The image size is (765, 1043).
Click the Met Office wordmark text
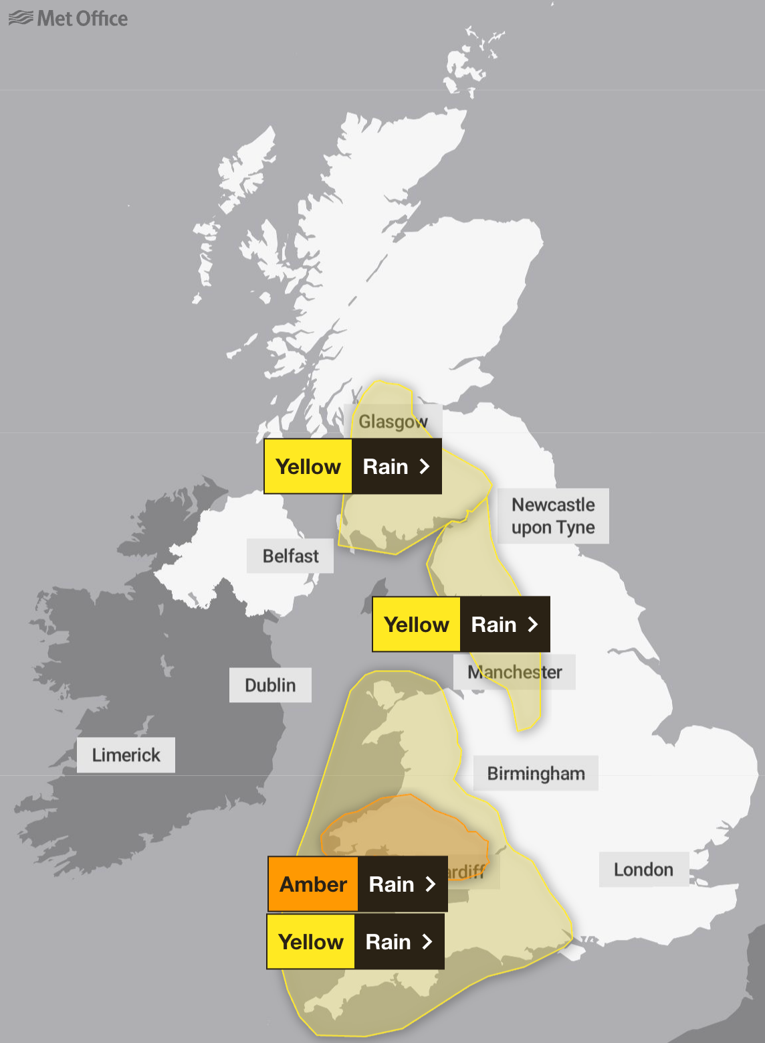coord(82,19)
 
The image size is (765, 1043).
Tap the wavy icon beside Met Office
coord(21,18)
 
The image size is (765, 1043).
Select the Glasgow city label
coord(393,422)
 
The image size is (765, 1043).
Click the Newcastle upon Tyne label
coord(553,515)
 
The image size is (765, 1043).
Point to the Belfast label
coord(290,556)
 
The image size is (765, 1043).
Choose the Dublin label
coord(270,685)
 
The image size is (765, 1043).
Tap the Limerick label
coord(126,755)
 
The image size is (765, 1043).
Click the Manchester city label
coord(515,671)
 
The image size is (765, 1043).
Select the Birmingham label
coord(536,773)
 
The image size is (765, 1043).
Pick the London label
coord(643,869)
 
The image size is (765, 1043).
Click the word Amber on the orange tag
coord(313,884)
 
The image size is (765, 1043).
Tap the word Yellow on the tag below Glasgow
coord(308,467)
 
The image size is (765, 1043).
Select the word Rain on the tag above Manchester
coord(494,625)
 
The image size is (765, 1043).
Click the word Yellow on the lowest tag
coord(311,942)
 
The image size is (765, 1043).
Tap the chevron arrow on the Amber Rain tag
coord(431,884)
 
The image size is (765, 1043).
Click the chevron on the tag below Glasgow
coord(424,467)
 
